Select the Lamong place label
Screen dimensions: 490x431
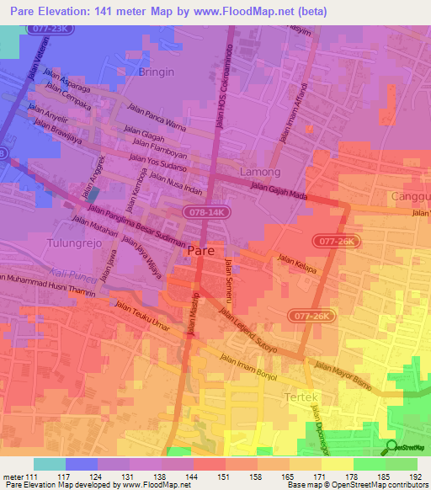pos(260,172)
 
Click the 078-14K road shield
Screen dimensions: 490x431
pos(206,212)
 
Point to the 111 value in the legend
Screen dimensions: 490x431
pos(33,477)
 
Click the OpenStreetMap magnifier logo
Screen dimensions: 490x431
pos(392,448)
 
